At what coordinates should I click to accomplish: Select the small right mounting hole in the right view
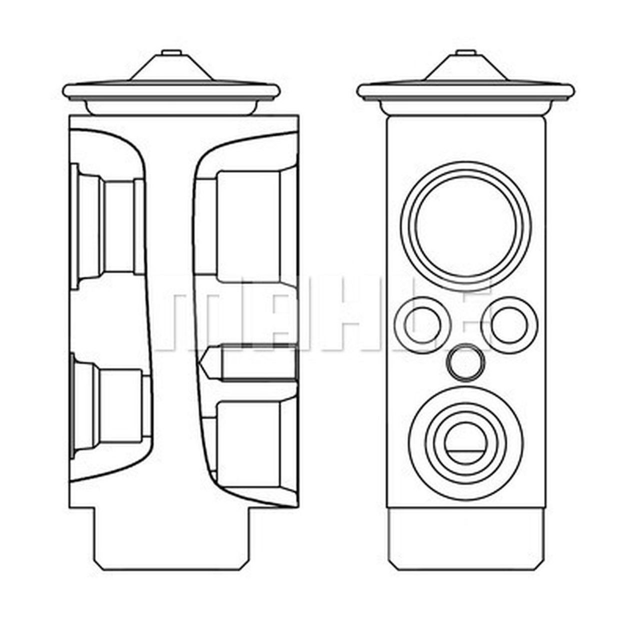tap(509, 323)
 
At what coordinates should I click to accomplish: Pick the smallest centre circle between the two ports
tap(467, 361)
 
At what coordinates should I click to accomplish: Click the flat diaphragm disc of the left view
tap(172, 91)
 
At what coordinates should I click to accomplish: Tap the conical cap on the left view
tap(172, 67)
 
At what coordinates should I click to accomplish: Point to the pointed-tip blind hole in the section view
tap(250, 362)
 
